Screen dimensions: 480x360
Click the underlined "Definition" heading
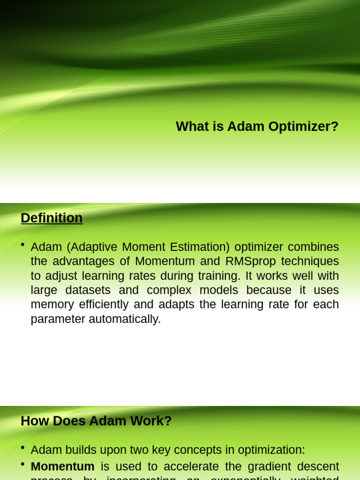click(x=52, y=218)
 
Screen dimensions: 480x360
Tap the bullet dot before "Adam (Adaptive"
click(x=23, y=245)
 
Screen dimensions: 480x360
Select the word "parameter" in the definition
click(x=58, y=319)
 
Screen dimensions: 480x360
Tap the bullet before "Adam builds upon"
click(x=23, y=448)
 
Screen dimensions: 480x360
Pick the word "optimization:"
click(x=271, y=450)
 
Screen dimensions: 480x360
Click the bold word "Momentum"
click(x=62, y=466)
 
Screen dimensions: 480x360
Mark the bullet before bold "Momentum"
click(x=23, y=465)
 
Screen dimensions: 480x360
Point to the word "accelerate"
click(x=180, y=466)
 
